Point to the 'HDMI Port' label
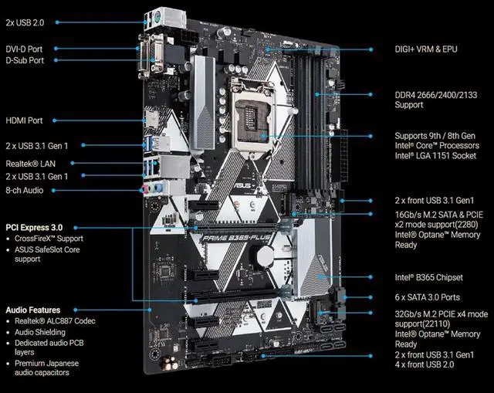[25, 120]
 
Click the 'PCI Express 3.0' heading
[34, 228]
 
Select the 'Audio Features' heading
[33, 310]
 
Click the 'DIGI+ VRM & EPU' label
[425, 49]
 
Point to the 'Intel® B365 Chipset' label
[430, 277]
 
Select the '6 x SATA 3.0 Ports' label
[428, 297]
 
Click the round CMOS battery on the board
[266, 255]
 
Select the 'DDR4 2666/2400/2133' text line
[434, 95]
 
